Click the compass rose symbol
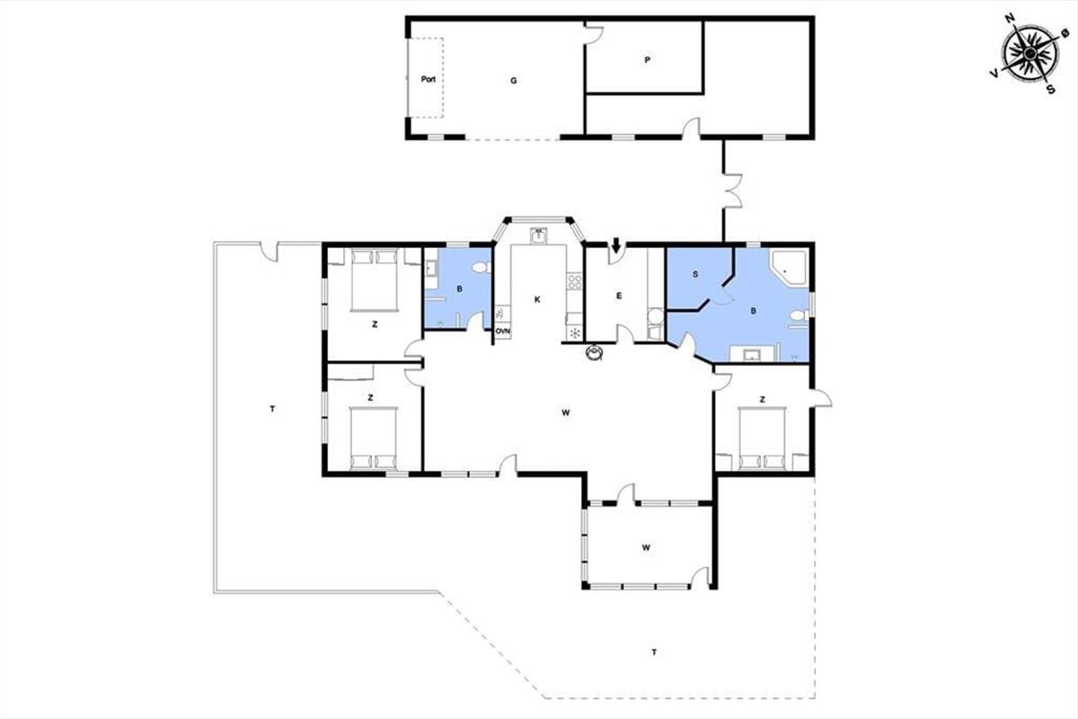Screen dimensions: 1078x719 pyautogui.click(x=1029, y=53)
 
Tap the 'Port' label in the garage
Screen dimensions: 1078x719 pyautogui.click(x=429, y=79)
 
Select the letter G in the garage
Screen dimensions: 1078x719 pyautogui.click(x=514, y=81)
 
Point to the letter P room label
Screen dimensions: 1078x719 pyautogui.click(x=648, y=60)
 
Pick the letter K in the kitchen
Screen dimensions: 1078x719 pyautogui.click(x=537, y=299)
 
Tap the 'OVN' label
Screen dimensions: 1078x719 pyautogui.click(x=503, y=332)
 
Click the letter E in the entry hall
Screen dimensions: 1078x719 pyautogui.click(x=619, y=296)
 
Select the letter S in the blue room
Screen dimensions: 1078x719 pyautogui.click(x=695, y=274)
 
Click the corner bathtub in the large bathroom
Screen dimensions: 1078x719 pyautogui.click(x=789, y=268)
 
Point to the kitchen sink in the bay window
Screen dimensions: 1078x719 pyautogui.click(x=538, y=236)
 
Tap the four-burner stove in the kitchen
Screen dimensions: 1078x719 pyautogui.click(x=574, y=280)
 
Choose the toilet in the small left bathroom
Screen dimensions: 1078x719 pyautogui.click(x=481, y=267)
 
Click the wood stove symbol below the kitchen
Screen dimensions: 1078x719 pyautogui.click(x=595, y=352)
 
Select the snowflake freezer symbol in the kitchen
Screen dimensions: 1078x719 pyautogui.click(x=574, y=333)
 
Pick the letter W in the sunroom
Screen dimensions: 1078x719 pyautogui.click(x=646, y=547)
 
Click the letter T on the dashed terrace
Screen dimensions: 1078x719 pyautogui.click(x=654, y=652)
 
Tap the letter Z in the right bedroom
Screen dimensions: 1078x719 pyautogui.click(x=763, y=399)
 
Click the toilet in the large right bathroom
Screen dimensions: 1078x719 pyautogui.click(x=799, y=316)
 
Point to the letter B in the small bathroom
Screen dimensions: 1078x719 pyautogui.click(x=460, y=289)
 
